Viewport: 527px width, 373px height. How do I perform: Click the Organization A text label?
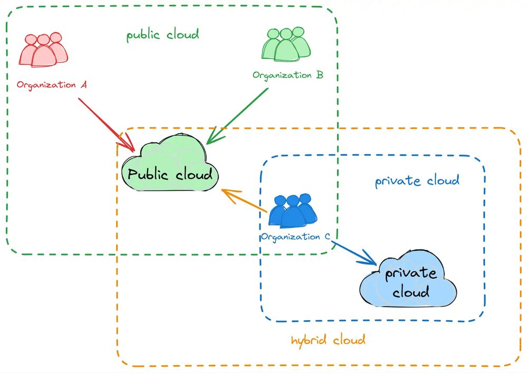pos(52,84)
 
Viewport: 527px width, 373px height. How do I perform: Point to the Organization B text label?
pos(288,75)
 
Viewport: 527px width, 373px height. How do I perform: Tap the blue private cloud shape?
pos(409,282)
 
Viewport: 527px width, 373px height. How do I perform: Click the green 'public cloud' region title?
pos(162,35)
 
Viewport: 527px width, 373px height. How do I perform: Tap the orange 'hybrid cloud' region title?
pos(328,340)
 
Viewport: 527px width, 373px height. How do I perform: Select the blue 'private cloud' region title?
pos(417,181)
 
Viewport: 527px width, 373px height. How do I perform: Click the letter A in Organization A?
pos(83,84)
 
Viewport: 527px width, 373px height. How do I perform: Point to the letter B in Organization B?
pos(319,75)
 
